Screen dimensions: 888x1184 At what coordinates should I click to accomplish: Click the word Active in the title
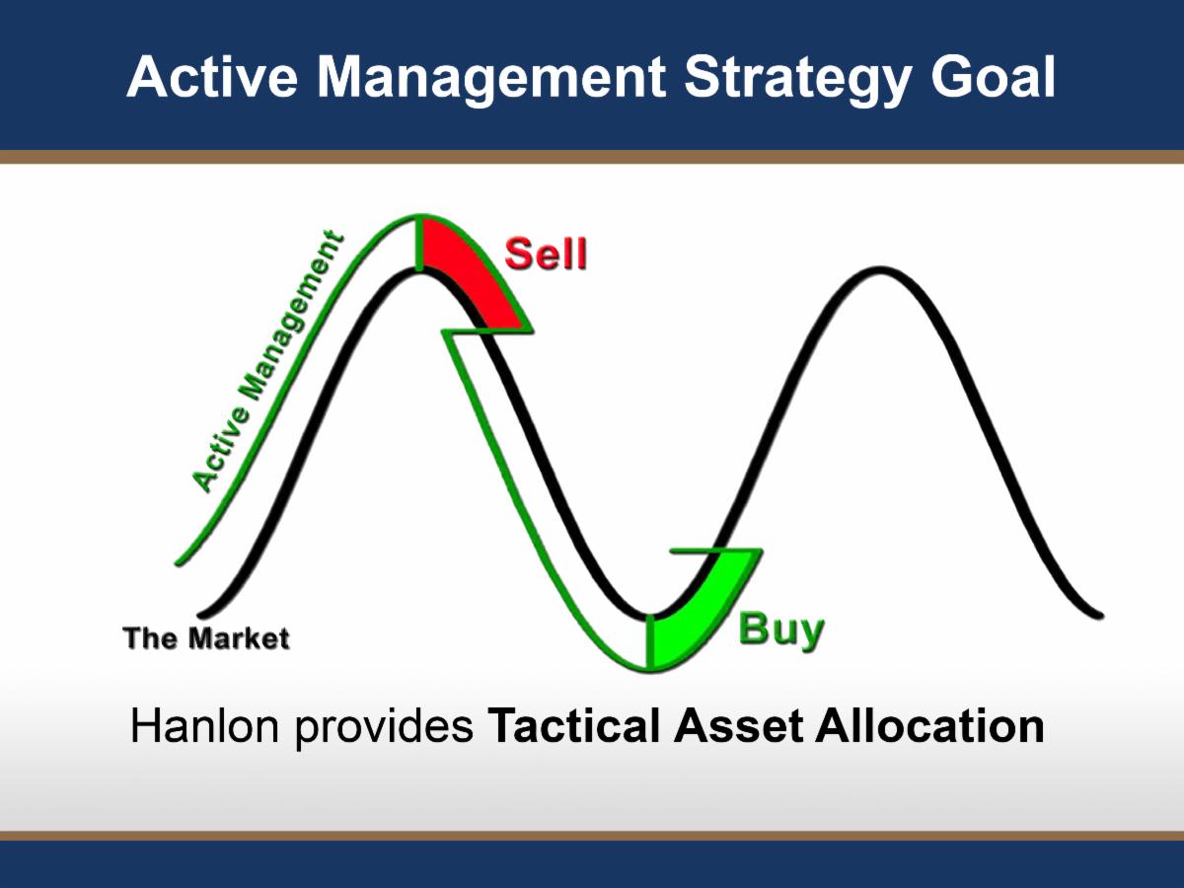tap(203, 77)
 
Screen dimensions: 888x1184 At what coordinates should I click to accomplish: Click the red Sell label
tap(546, 254)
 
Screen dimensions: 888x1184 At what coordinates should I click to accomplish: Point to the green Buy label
tap(780, 629)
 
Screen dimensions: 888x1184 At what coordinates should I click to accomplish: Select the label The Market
tap(206, 638)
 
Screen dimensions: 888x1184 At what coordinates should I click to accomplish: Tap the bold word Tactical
tap(575, 727)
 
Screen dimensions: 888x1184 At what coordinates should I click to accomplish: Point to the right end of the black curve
tap(1098, 614)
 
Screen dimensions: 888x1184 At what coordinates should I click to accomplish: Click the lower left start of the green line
tap(180, 562)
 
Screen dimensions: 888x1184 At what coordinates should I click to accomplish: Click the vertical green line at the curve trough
tap(650, 641)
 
